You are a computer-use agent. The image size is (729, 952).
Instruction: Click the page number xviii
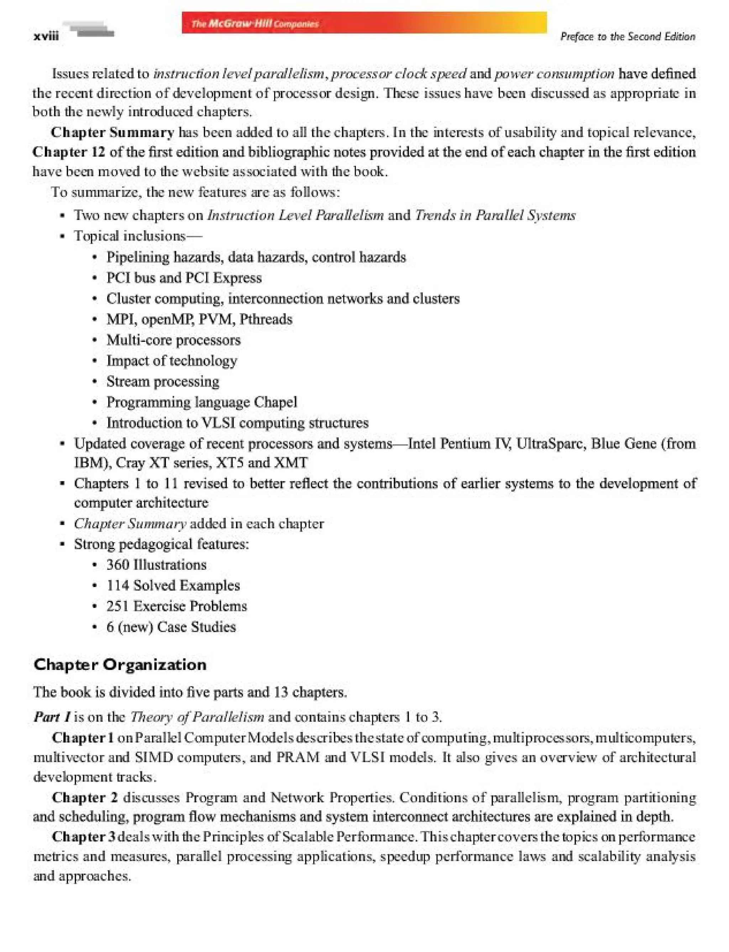[46, 36]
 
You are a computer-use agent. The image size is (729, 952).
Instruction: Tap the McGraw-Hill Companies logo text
[255, 23]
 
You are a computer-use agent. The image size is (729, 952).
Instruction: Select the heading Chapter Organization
[120, 665]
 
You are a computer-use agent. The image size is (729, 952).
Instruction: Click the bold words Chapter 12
[69, 152]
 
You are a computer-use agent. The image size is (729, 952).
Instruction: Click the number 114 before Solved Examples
[118, 586]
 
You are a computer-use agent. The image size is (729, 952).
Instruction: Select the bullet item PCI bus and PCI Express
[184, 277]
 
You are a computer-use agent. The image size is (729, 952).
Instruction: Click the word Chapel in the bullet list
[276, 402]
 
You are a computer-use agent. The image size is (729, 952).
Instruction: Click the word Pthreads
[266, 319]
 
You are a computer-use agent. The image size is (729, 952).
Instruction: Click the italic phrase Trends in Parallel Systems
[495, 215]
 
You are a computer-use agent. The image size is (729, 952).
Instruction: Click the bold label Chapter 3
[83, 836]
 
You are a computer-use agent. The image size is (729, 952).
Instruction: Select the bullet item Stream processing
[163, 381]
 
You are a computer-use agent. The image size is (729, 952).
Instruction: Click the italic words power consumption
[555, 74]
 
